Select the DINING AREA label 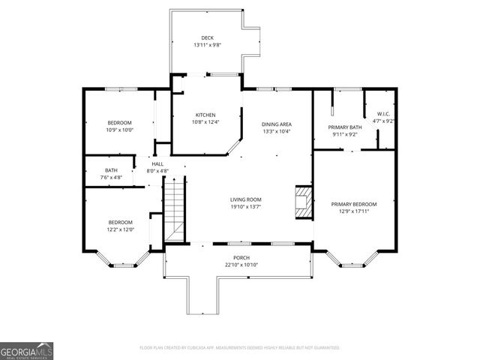276,124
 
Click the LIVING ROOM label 245,199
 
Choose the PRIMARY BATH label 345,127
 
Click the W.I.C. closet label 384,114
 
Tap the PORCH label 241,257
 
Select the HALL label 157,164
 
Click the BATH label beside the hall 111,170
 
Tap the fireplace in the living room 301,202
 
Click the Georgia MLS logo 26,350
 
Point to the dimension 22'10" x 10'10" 241,265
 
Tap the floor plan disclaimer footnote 240,348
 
